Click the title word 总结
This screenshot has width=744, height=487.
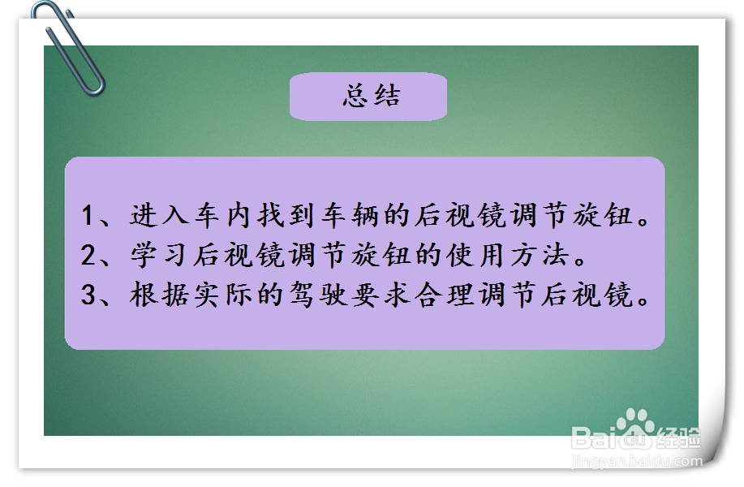[372, 96]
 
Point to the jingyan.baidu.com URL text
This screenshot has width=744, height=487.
[637, 461]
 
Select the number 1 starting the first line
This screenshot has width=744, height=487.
[87, 215]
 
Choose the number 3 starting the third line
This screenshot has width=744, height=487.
[88, 295]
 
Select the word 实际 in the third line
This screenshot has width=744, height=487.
[222, 295]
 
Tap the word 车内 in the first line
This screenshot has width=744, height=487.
[222, 215]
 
